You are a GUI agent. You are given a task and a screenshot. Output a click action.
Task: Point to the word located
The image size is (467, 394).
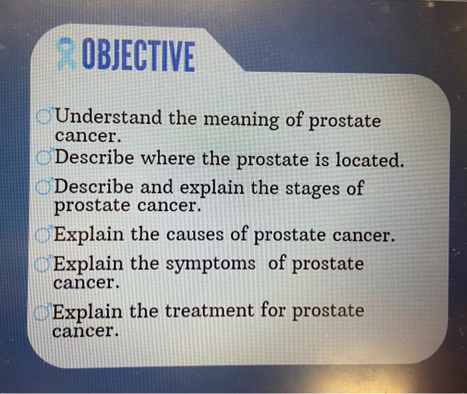click(x=370, y=161)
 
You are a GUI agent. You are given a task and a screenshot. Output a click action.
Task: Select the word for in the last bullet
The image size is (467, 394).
click(x=274, y=311)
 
